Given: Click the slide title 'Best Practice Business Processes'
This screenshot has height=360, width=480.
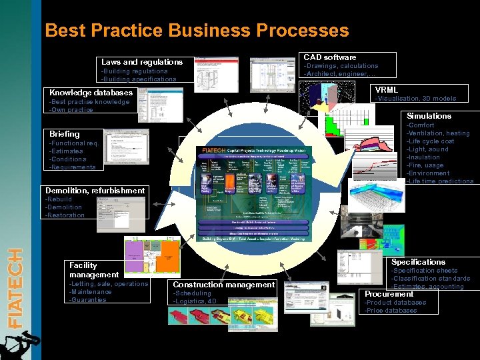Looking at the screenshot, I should (x=197, y=31).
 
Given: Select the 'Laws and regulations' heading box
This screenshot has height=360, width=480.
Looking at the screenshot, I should (x=142, y=62).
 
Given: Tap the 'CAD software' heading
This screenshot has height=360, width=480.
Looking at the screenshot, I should (x=330, y=57).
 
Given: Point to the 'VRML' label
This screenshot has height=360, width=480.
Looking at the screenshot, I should (x=387, y=90).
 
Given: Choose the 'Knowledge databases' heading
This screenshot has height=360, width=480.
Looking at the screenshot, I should (x=91, y=93).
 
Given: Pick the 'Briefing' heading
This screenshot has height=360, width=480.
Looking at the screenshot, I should (x=65, y=134).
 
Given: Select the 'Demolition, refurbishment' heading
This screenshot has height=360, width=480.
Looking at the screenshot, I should (x=95, y=191).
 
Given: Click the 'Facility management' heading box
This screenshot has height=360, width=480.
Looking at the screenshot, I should (x=94, y=270).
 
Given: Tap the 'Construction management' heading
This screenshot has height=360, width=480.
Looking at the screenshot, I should (x=223, y=285).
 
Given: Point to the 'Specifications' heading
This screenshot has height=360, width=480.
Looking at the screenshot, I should (x=418, y=262).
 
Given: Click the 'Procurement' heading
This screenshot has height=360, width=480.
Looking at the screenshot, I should (x=389, y=294).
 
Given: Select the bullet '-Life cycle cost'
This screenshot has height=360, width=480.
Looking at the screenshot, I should (x=431, y=141).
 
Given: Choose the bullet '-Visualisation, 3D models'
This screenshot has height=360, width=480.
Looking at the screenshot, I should (x=416, y=99).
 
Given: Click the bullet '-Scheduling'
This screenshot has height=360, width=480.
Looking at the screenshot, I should (x=192, y=293).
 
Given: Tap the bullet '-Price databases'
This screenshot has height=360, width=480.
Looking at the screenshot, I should (x=391, y=311).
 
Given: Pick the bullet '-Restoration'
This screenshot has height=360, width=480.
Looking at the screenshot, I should (x=65, y=215).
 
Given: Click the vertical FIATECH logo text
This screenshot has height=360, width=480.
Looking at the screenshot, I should (x=15, y=288).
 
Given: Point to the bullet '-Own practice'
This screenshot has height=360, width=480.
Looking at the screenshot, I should (x=71, y=110).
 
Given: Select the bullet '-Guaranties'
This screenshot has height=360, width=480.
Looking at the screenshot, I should (x=88, y=300).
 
